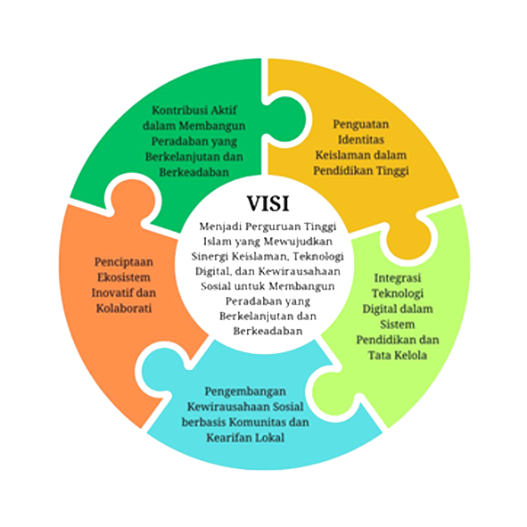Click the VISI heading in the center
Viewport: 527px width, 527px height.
click(268, 203)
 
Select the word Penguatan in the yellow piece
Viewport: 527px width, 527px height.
click(361, 124)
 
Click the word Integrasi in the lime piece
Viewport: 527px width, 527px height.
click(398, 278)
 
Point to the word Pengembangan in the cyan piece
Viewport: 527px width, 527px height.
click(245, 391)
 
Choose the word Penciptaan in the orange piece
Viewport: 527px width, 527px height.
click(124, 262)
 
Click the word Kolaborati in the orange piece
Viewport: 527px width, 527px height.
click(124, 309)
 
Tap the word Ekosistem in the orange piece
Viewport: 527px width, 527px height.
click(124, 277)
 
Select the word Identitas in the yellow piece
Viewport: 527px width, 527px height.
click(361, 139)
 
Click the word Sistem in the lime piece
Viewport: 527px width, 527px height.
click(398, 325)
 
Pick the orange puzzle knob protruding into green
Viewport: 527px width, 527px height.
click(132, 201)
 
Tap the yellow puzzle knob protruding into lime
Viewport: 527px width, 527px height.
click(408, 238)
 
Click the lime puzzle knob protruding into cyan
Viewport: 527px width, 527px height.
click(334, 391)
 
